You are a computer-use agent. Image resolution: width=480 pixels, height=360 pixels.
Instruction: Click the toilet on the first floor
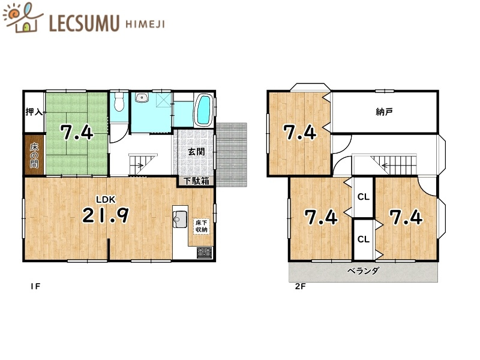click(118, 102)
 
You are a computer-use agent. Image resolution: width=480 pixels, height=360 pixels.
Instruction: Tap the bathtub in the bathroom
click(203, 110)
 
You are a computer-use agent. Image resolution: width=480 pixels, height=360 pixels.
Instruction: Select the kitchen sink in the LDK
click(180, 219)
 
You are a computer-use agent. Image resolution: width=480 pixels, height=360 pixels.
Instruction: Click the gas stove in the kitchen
click(204, 253)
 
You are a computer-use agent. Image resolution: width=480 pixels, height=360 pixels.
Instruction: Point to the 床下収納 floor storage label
click(202, 226)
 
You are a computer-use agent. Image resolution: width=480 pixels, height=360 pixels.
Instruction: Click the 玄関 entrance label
click(196, 151)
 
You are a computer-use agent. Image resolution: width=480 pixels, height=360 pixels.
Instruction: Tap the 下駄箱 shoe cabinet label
click(196, 181)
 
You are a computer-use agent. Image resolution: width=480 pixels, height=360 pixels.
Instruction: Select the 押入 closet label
click(34, 112)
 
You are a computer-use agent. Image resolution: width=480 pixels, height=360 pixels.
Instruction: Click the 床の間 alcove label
click(34, 155)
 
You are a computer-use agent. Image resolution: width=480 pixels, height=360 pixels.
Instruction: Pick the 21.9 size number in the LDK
click(106, 215)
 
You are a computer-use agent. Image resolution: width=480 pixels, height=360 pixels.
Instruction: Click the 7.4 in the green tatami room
click(77, 132)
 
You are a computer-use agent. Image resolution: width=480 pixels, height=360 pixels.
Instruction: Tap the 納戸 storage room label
click(384, 112)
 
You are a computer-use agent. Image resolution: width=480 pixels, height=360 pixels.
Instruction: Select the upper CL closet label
click(364, 197)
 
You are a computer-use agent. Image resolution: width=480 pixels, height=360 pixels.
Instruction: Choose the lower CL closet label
click(364, 239)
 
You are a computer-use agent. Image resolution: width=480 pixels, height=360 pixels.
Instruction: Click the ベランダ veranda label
click(364, 271)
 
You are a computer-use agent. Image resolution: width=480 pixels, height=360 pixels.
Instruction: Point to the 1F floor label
click(35, 287)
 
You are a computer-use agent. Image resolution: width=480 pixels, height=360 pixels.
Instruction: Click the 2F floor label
click(301, 287)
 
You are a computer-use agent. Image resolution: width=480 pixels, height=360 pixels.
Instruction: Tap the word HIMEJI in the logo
click(145, 24)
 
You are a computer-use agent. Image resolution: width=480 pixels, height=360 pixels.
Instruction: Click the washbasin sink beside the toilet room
click(142, 98)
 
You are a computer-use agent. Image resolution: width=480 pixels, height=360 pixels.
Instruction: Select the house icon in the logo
click(26, 25)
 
